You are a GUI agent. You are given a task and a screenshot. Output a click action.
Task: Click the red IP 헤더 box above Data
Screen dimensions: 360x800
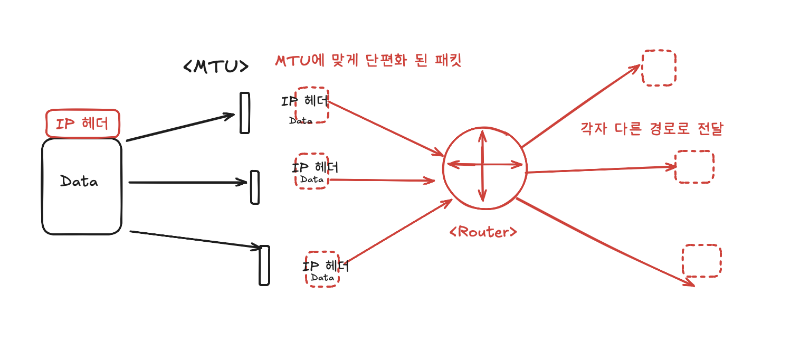click(83, 124)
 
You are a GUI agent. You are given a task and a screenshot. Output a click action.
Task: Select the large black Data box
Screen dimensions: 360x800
click(82, 186)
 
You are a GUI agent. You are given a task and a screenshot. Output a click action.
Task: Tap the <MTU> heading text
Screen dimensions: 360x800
click(215, 67)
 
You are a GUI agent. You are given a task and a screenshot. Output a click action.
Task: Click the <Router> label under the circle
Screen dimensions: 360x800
click(483, 232)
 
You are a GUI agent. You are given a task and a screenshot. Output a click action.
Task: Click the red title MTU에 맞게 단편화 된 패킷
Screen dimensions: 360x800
click(368, 60)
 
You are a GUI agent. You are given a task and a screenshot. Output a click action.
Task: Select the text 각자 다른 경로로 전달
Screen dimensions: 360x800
click(651, 129)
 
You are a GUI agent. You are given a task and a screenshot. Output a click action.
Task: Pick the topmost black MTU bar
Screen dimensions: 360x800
click(244, 113)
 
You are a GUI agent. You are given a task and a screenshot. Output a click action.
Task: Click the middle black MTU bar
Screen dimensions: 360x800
click(255, 187)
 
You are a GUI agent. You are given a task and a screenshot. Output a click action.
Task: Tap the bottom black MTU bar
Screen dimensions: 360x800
click(264, 265)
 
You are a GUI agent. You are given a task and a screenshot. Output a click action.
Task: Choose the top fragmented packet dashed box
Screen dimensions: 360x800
click(312, 105)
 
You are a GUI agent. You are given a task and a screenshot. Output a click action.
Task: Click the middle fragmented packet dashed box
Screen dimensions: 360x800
click(312, 172)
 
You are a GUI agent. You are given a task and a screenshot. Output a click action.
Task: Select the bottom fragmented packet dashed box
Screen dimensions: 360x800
click(322, 269)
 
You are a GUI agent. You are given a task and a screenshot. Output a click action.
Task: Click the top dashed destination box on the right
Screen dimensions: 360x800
click(659, 68)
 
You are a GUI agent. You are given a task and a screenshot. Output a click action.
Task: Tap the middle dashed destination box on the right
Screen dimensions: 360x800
click(694, 167)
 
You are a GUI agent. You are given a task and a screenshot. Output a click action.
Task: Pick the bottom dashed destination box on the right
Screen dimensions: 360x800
click(701, 261)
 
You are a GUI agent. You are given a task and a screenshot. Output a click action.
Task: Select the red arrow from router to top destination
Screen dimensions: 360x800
click(580, 106)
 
